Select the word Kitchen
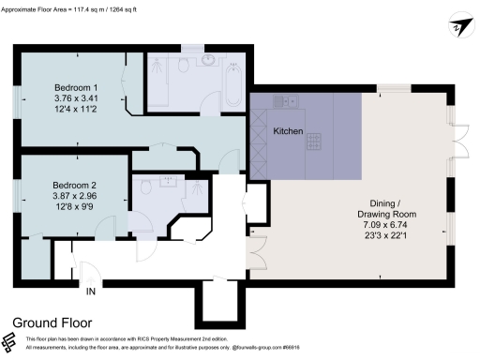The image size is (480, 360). pyautogui.click(x=288, y=132)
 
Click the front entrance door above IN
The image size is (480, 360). pyautogui.click(x=90, y=274)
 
